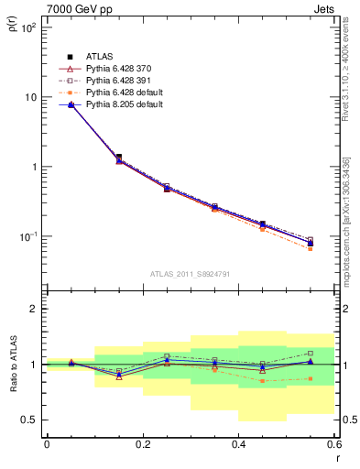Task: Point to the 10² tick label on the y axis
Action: point(27,27)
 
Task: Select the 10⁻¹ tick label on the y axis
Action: point(27,236)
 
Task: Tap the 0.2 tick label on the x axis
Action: point(143,444)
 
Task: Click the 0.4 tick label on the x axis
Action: point(239,444)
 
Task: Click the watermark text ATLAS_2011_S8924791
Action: point(190,273)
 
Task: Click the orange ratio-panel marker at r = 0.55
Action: point(311,378)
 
